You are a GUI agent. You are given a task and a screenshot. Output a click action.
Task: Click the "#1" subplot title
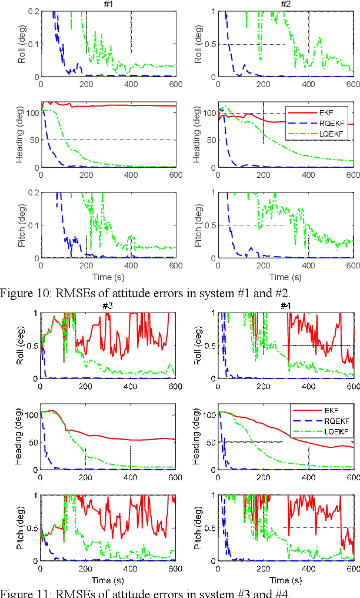coord(108,5)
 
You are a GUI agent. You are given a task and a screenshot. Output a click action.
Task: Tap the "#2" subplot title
coord(286,5)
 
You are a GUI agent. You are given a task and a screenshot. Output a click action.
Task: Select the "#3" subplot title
coord(108,307)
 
